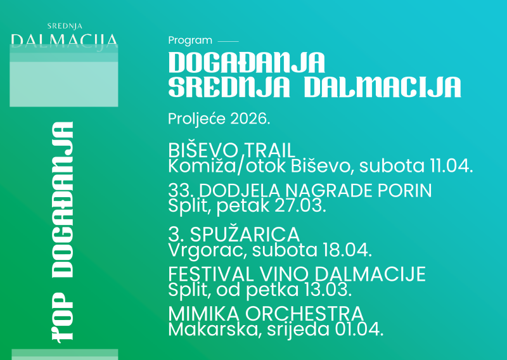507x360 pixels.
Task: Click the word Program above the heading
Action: [190, 41]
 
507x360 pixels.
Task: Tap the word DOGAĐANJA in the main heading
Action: [247, 63]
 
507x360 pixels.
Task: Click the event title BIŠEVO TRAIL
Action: [232, 151]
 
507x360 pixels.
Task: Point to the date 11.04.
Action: [451, 167]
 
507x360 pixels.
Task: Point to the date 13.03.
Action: [329, 290]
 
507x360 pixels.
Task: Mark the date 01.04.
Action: [361, 330]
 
